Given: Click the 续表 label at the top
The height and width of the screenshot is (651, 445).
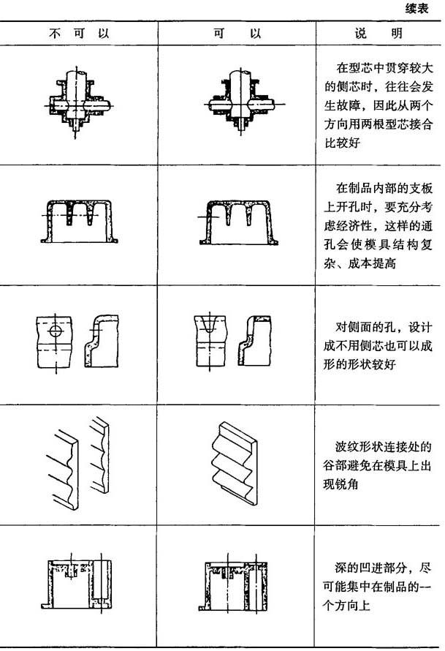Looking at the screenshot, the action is [417, 8].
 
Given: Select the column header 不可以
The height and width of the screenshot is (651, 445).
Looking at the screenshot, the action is [79, 33].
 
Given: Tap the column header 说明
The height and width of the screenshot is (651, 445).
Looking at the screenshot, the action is [378, 33].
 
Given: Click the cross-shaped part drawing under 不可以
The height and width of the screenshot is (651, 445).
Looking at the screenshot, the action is [77, 102].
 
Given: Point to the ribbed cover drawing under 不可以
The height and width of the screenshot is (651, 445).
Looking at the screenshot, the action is [79, 220].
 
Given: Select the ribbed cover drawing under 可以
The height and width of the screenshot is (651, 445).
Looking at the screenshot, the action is [238, 222].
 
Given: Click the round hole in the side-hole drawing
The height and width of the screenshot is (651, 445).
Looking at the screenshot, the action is [55, 331].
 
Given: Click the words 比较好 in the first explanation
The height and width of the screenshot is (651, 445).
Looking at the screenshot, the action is [342, 143].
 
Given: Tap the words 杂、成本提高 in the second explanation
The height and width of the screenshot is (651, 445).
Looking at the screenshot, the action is [360, 263].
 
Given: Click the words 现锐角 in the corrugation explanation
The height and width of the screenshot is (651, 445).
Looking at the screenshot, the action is [341, 483].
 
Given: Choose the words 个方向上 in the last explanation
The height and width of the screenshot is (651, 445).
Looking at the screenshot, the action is [346, 605].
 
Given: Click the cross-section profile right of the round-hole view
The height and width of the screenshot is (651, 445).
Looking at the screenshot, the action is [101, 340].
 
